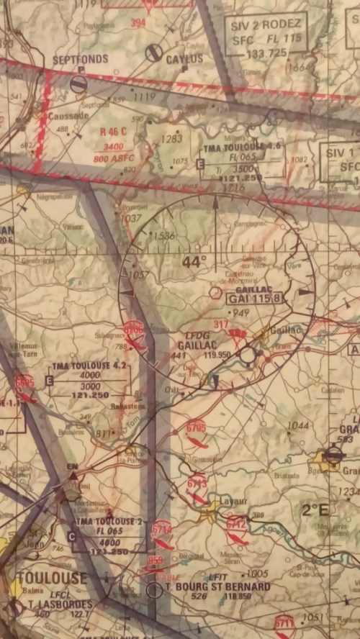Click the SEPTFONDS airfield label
pos(81,59)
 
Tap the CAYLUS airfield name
pos(185,60)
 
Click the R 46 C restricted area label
pos(113,132)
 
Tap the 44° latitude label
pos(194,263)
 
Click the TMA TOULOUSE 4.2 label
pos(91,366)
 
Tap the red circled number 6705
pos(196,428)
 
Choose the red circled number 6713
pos(197,483)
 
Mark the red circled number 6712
pos(235,524)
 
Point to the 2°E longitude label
pos(314,510)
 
